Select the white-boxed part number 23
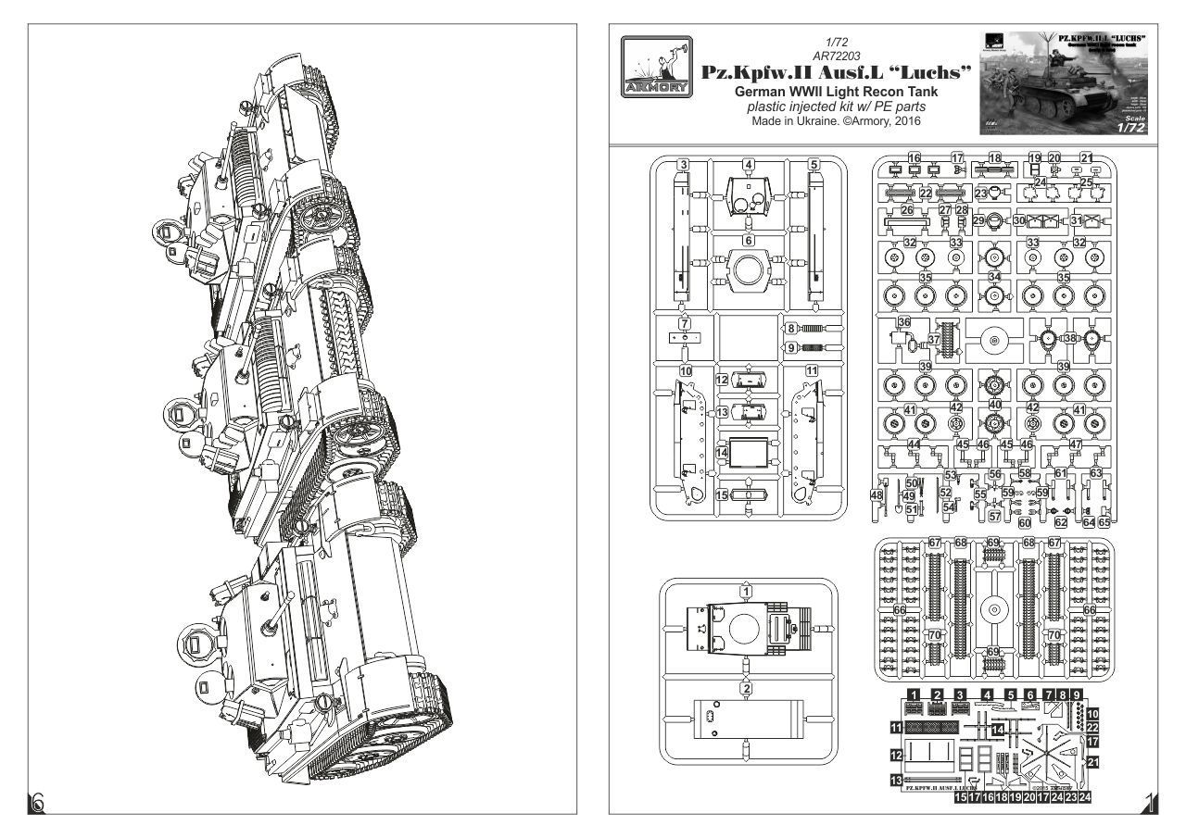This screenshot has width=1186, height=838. click(x=981, y=193)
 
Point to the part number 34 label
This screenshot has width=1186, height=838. click(x=995, y=278)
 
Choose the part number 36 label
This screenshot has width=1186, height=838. click(x=904, y=322)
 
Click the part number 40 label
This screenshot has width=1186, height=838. click(x=995, y=405)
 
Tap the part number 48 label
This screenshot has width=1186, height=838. click(x=877, y=495)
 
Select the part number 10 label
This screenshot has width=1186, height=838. click(x=686, y=370)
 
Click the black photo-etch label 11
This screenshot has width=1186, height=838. click(x=895, y=728)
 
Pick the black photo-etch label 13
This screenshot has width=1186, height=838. click(x=895, y=782)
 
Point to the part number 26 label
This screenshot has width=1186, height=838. click(x=907, y=210)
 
